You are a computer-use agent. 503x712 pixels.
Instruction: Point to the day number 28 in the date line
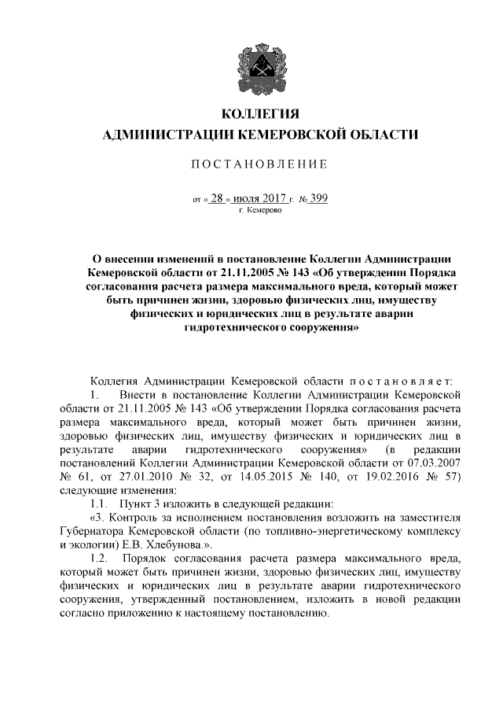(x=217, y=198)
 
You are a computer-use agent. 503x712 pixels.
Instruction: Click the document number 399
(x=318, y=198)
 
